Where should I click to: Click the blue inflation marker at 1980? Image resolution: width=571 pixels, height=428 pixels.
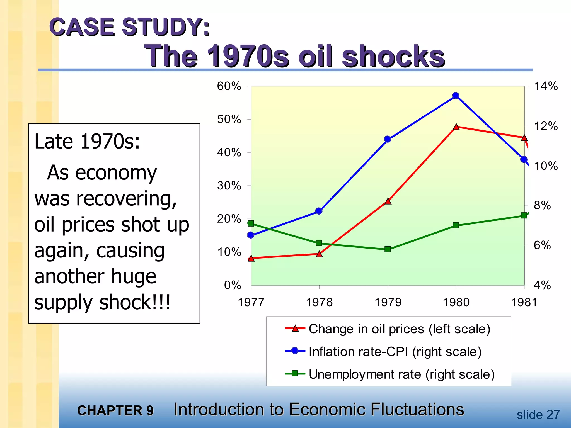click(x=456, y=96)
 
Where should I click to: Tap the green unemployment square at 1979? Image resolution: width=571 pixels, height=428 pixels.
click(x=388, y=249)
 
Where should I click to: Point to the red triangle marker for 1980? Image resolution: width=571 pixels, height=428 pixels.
click(x=456, y=127)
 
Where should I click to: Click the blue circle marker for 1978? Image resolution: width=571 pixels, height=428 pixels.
click(x=319, y=211)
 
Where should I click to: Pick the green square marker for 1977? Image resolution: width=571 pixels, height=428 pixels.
click(x=251, y=223)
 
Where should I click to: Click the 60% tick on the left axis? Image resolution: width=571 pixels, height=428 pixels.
click(x=229, y=86)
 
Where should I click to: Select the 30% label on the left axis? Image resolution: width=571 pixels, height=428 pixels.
click(x=229, y=186)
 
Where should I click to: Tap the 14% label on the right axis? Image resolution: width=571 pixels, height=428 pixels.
click(x=546, y=86)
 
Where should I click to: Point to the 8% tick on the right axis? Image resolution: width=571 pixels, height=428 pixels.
click(x=542, y=206)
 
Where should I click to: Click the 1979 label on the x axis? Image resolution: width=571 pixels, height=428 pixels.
click(x=388, y=302)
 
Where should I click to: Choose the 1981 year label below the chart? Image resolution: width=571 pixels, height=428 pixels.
click(x=524, y=302)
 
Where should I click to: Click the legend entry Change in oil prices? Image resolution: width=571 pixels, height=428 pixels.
click(x=399, y=329)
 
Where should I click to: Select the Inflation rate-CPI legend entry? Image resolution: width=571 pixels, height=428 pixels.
click(x=395, y=352)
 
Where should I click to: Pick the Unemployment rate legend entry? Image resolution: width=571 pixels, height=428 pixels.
click(x=401, y=374)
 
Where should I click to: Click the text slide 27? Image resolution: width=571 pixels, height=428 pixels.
click(x=538, y=415)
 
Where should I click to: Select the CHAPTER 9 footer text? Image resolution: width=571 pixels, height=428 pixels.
click(x=115, y=410)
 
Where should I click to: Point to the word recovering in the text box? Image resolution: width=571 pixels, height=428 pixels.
click(x=127, y=199)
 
